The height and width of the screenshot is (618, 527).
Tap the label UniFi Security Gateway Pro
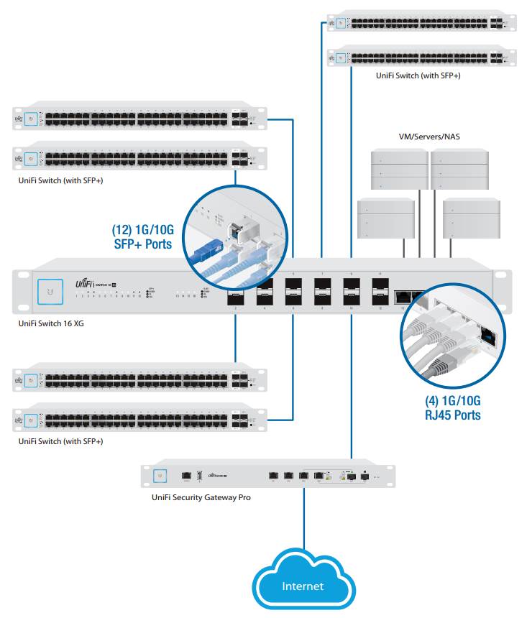(201, 497)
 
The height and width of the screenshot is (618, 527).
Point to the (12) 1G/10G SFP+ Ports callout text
(142, 237)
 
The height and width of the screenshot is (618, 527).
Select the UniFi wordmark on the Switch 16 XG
(85, 285)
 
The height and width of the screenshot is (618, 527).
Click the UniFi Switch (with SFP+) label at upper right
(418, 75)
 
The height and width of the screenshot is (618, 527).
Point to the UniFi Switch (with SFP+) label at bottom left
(60, 441)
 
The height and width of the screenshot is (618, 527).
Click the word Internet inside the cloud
(303, 586)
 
